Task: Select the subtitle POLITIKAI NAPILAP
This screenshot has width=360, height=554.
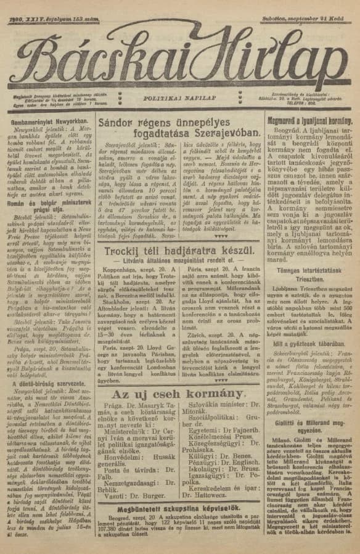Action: coord(180,98)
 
